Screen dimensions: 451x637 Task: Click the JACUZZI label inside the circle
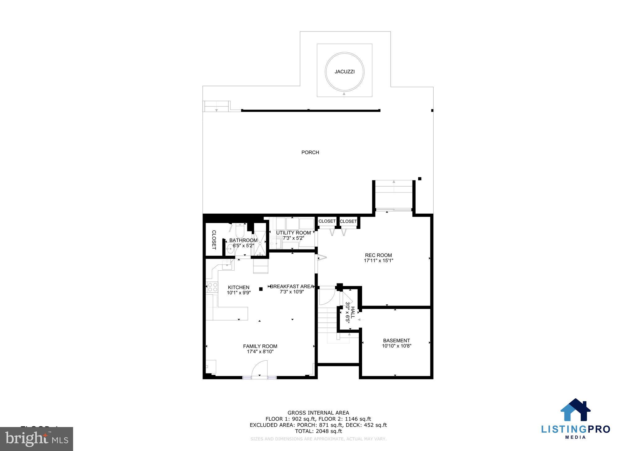(x=344, y=72)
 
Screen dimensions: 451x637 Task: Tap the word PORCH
(x=310, y=152)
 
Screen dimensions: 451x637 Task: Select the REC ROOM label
(x=378, y=255)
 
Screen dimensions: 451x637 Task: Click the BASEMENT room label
(x=396, y=340)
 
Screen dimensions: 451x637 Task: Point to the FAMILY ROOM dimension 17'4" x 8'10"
(x=260, y=352)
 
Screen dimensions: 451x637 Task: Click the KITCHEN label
(x=239, y=287)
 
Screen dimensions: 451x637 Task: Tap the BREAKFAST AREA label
(x=292, y=286)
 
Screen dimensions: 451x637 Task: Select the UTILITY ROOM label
(x=293, y=233)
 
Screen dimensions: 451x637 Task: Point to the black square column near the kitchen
(x=261, y=289)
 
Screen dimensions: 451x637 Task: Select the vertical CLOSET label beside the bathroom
(x=214, y=240)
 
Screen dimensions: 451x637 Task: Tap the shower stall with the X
(x=259, y=243)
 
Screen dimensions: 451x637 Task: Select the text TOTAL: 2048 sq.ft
(x=318, y=431)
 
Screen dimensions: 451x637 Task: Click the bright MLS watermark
(x=37, y=439)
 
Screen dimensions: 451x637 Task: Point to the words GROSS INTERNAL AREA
(x=318, y=413)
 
